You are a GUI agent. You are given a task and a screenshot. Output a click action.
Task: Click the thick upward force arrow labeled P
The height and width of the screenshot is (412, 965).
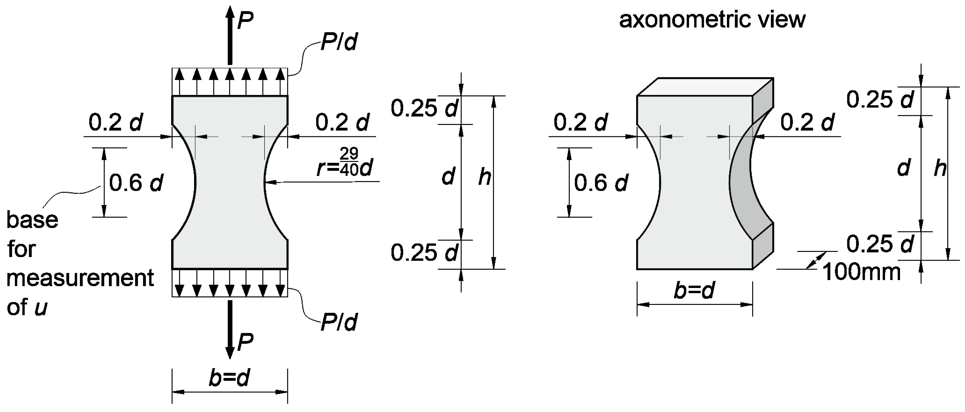(230, 36)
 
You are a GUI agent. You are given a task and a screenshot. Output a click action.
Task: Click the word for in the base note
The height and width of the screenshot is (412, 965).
(21, 249)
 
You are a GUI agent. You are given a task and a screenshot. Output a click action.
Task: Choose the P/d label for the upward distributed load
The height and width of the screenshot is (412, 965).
(339, 42)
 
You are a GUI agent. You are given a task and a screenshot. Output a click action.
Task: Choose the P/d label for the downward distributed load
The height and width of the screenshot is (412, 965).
(339, 322)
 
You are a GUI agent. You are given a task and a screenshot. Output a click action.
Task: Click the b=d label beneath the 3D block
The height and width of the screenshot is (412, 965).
(694, 290)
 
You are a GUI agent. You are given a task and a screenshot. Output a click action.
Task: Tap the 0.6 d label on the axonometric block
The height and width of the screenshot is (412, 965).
(601, 183)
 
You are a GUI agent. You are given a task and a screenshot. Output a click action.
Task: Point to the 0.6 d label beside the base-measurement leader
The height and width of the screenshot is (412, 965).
(136, 183)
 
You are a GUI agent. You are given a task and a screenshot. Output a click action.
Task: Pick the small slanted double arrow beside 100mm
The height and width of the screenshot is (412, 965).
(817, 260)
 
